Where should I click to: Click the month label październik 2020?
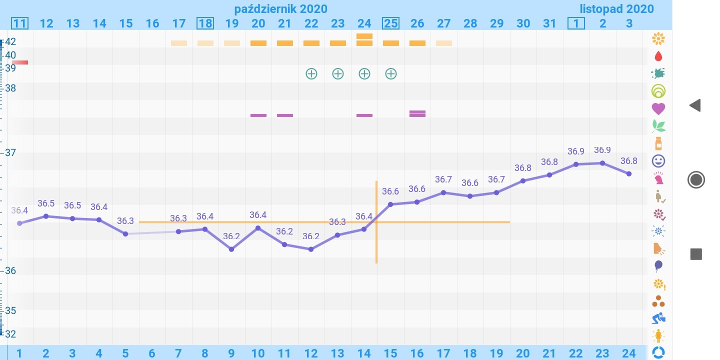click(280, 8)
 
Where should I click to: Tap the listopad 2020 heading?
click(616, 8)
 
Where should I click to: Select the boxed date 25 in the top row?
click(390, 23)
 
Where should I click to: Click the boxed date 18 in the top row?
click(205, 23)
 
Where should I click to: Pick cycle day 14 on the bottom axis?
click(364, 353)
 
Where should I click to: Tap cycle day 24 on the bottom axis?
click(628, 353)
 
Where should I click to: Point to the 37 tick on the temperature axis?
click(10, 152)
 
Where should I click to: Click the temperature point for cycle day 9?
click(231, 249)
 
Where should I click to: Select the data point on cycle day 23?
click(602, 163)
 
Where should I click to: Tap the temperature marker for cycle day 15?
click(390, 204)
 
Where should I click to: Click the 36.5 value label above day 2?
click(46, 203)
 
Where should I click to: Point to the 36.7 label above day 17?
click(443, 179)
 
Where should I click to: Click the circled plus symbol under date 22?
click(311, 74)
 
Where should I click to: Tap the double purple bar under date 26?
click(417, 113)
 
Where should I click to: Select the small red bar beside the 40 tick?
click(20, 62)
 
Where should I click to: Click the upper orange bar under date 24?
click(364, 36)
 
